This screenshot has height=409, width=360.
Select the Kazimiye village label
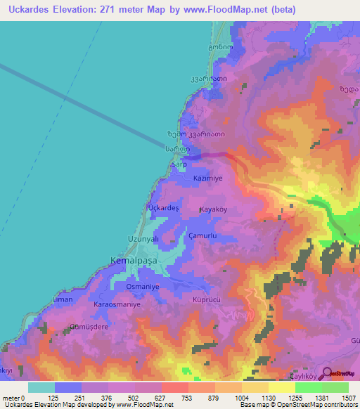coord(207,178)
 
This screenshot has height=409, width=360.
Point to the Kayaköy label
coord(215,210)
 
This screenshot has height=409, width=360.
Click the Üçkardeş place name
coord(162,209)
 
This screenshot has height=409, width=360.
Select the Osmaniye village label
coord(142,287)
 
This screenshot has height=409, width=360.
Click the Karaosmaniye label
coord(117,305)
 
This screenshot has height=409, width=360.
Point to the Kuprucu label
coord(207,299)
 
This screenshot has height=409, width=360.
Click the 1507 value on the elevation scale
coord(347,398)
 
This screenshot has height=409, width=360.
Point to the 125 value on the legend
coord(55,398)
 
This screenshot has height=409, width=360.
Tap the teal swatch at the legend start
coord(41,387)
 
